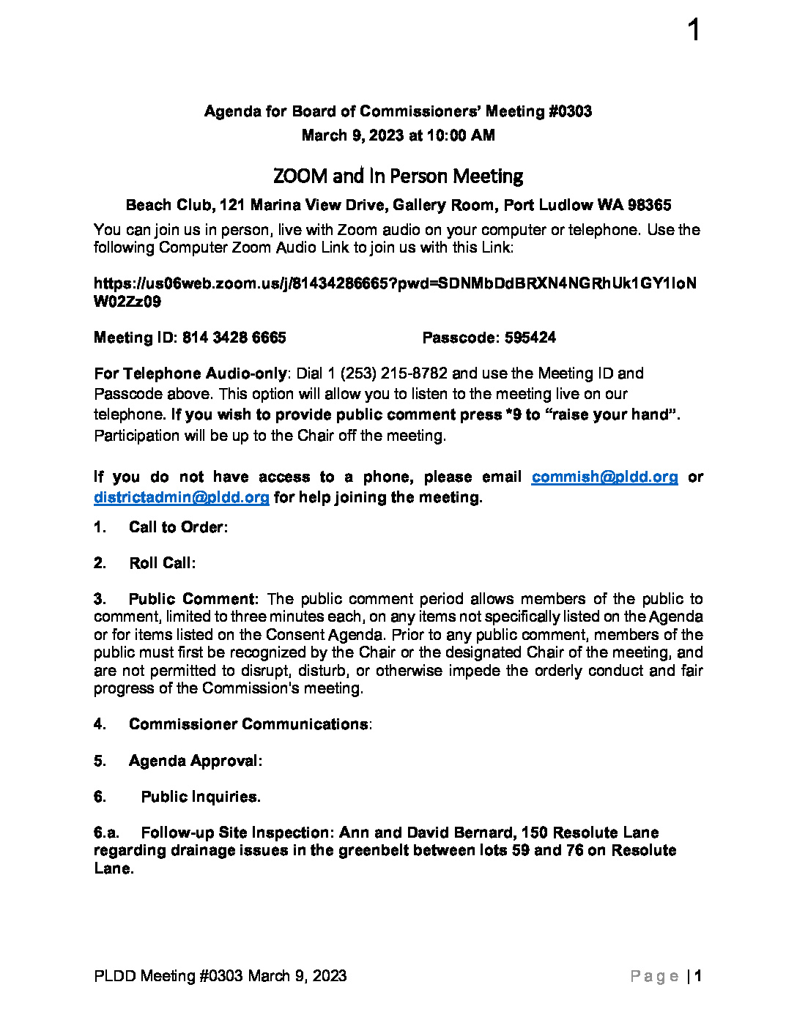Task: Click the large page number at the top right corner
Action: pyautogui.click(x=694, y=31)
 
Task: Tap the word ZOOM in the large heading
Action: pyautogui.click(x=300, y=176)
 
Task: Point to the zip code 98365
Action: pyautogui.click(x=650, y=205)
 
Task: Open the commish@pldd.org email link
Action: pyautogui.click(x=604, y=477)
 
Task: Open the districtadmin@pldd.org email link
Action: pyautogui.click(x=182, y=497)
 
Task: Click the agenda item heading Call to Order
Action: pyautogui.click(x=177, y=527)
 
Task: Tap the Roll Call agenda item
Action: pyautogui.click(x=161, y=563)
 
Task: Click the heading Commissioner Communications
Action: pyautogui.click(x=248, y=724)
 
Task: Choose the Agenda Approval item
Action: pyautogui.click(x=194, y=761)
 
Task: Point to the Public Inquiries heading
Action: pyautogui.click(x=200, y=797)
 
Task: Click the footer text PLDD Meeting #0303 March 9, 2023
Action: pyautogui.click(x=220, y=976)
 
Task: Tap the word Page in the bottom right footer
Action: pyautogui.click(x=654, y=976)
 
